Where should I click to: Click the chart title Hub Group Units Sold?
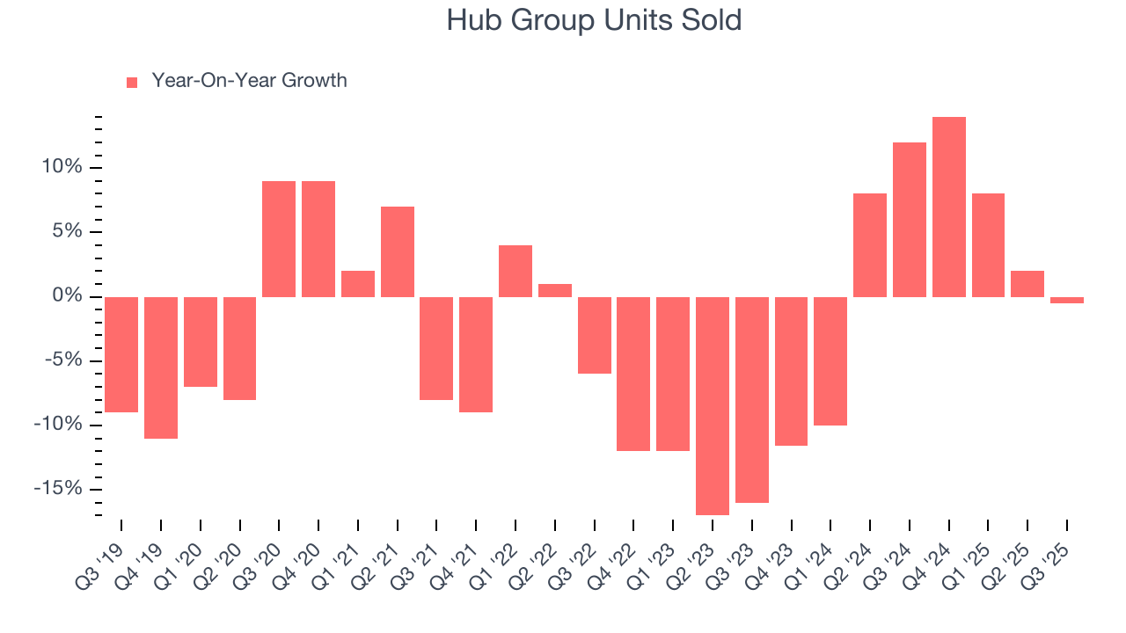tap(594, 20)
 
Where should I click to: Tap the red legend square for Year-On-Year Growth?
tap(132, 82)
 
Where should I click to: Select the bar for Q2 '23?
tap(713, 405)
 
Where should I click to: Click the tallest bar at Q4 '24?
tap(949, 207)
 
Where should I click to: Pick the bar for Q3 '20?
tap(279, 238)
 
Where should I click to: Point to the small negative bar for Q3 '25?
tap(1067, 300)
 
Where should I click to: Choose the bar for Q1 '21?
tap(358, 283)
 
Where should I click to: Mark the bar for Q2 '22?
tap(555, 290)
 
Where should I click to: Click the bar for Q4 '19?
tap(161, 367)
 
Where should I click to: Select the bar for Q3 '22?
tap(595, 335)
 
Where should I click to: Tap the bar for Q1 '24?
tap(830, 360)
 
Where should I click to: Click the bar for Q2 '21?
tap(398, 251)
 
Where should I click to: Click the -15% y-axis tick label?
tap(60, 489)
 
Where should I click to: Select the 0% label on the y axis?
tap(68, 296)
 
